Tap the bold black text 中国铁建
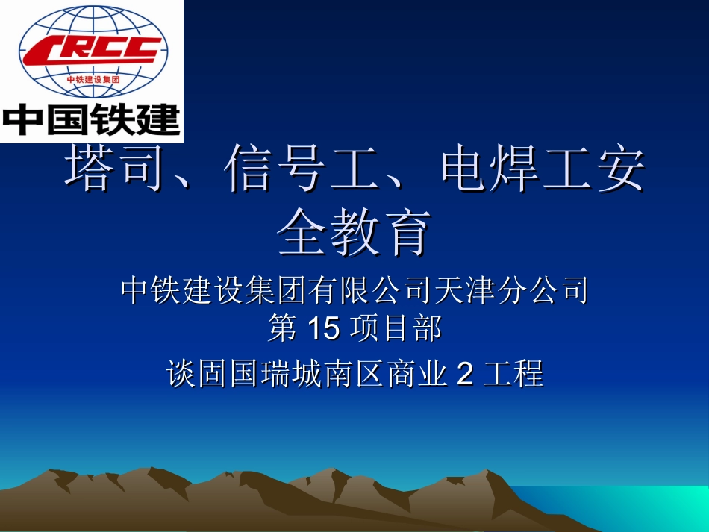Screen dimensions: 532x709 point(92,119)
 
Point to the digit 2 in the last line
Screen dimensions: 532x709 point(464,374)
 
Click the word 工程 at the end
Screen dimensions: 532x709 point(513,374)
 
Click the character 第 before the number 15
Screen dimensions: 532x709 point(282,328)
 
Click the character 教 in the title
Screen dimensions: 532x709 point(354,233)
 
